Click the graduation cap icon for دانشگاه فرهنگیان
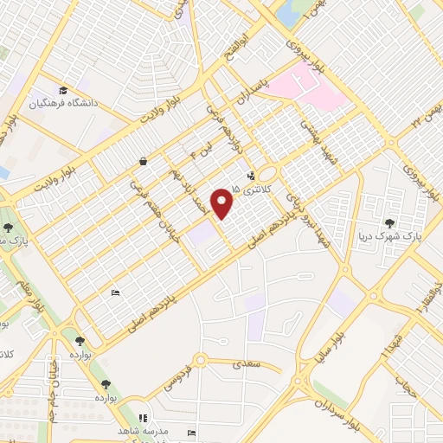tap(62, 90)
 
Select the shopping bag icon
tap(141, 161)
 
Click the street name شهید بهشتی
tap(312, 140)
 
